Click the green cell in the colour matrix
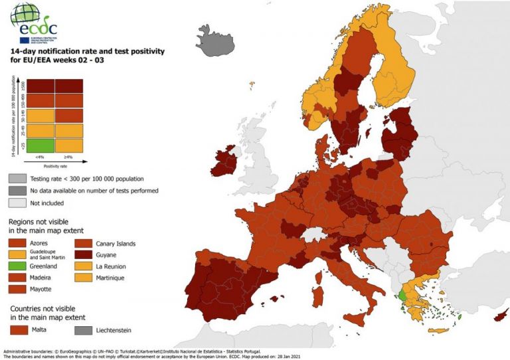point(41,145)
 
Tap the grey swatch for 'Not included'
point(17,203)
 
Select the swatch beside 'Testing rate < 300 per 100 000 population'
point(17,179)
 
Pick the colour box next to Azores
point(17,244)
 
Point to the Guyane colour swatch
point(83,255)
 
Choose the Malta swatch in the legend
point(21,330)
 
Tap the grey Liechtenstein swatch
point(83,330)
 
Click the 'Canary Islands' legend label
point(116,244)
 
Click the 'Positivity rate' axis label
point(54,166)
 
